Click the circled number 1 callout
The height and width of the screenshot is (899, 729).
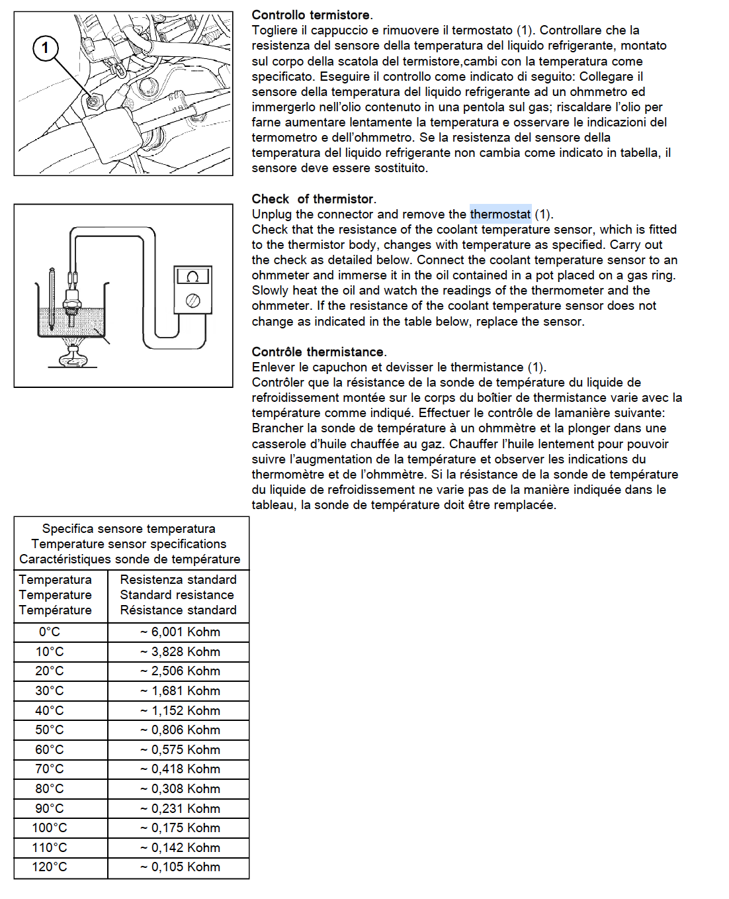tap(45, 48)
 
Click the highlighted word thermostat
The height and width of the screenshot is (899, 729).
tap(500, 214)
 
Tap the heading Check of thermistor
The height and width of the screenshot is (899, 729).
tap(314, 199)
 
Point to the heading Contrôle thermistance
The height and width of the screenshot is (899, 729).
tap(319, 352)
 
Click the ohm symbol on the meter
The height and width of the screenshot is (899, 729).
tap(193, 277)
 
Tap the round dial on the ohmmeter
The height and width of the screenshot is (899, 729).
tap(193, 301)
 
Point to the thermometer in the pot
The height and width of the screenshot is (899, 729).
tap(52, 298)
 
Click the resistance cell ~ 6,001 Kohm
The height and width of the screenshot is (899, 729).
tap(179, 632)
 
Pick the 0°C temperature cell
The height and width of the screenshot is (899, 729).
tap(50, 632)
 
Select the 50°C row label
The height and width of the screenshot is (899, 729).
tap(50, 730)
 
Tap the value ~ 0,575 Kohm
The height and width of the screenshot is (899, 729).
tap(179, 749)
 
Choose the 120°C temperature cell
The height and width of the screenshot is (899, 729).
tap(50, 867)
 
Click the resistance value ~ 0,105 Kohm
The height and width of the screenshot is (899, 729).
tap(179, 867)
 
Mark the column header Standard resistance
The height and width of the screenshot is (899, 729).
tap(177, 594)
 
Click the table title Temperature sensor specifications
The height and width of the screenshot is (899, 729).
tap(129, 544)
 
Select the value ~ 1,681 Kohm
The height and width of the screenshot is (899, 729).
tap(179, 690)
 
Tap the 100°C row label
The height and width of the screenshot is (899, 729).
tap(50, 828)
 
